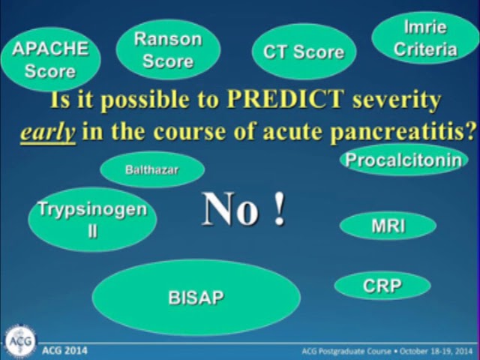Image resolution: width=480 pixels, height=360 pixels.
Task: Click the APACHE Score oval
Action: (50, 59)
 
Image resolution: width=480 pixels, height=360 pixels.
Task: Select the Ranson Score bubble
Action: (168, 49)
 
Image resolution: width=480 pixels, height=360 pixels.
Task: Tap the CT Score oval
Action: (303, 52)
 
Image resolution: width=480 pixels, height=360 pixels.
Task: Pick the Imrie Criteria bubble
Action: (425, 37)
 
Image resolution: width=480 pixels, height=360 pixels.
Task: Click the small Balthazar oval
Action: (151, 169)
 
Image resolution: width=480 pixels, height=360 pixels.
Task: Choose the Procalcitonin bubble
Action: (403, 160)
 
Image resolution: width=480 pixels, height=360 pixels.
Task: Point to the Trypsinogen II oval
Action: (92, 219)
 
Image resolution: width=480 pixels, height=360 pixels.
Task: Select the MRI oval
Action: (388, 226)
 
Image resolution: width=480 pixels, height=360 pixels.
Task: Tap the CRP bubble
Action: (382, 285)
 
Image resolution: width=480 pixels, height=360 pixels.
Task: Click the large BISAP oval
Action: (196, 298)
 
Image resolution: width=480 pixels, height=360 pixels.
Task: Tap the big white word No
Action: (231, 210)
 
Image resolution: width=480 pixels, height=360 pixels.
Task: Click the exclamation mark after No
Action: (280, 210)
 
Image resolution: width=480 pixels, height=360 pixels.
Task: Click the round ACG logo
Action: (19, 341)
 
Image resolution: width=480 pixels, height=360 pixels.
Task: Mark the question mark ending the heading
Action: (471, 131)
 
